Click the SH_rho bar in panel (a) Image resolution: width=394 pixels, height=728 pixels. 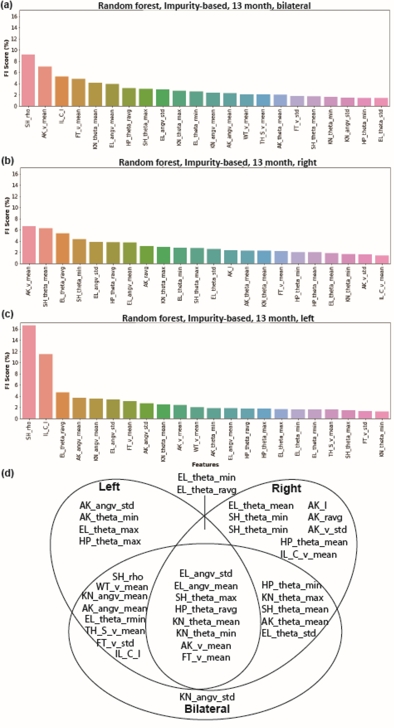point(28,80)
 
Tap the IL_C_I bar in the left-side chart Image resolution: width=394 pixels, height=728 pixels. point(46,386)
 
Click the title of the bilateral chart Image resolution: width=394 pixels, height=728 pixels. point(204,6)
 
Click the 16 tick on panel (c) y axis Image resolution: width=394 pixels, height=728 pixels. point(15,329)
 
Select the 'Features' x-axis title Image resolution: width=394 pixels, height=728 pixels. point(205,464)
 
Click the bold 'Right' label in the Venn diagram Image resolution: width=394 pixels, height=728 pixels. point(286,488)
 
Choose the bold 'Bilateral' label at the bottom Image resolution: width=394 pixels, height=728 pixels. point(207,709)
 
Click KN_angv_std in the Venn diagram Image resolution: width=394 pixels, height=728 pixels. point(207,697)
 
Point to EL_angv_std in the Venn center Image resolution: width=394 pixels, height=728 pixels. point(206,573)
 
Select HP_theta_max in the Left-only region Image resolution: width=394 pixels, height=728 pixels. point(110,541)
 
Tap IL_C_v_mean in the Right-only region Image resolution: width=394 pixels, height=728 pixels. point(308,554)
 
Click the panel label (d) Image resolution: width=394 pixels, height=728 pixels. point(7,473)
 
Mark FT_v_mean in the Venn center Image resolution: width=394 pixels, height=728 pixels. point(206,657)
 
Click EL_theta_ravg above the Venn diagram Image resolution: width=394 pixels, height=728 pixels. point(207,490)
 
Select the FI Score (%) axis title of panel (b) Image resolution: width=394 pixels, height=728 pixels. point(7,215)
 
